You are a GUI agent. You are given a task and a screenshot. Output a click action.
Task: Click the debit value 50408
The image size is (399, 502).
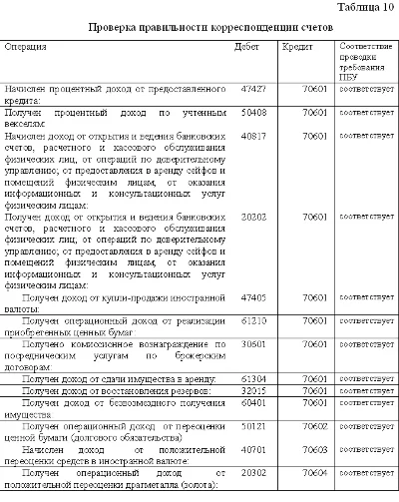(254, 115)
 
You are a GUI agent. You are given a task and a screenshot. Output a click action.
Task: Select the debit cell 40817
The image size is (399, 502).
(254, 133)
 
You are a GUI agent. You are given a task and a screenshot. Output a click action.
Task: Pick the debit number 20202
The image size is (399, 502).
(254, 216)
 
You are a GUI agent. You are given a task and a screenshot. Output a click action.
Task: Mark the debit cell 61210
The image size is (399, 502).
(254, 321)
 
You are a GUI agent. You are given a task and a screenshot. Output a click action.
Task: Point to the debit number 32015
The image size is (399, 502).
(254, 392)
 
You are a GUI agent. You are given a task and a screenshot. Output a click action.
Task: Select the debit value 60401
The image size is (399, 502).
(254, 403)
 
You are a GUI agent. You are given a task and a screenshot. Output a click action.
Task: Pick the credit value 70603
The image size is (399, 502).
(317, 451)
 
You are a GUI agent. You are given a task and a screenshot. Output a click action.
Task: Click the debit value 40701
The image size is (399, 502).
(254, 451)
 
